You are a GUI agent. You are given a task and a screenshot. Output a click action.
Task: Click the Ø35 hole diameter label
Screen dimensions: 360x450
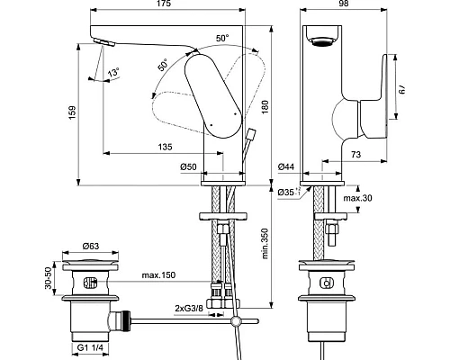tap(287, 192)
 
